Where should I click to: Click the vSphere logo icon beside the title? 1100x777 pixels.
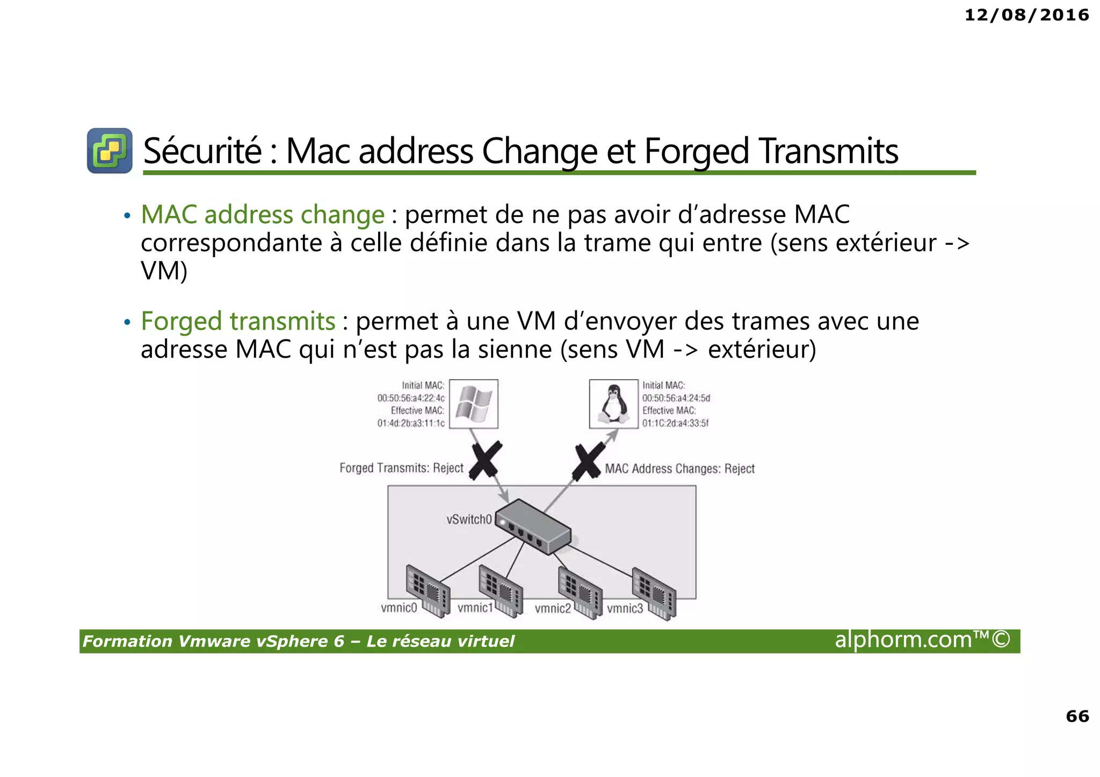110,150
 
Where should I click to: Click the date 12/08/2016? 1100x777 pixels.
1026,15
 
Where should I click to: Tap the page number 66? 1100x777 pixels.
1077,716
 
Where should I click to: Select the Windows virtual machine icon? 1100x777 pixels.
473,404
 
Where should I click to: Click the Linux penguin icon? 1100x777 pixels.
613,404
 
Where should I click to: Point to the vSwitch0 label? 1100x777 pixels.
469,519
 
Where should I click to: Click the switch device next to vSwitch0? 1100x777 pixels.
534,526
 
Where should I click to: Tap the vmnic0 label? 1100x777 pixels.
399,608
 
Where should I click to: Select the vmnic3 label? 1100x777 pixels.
625,608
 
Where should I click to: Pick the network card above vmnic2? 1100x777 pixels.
580,593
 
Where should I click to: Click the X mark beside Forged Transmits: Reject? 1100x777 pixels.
486,460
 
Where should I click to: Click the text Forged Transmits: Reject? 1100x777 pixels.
401,468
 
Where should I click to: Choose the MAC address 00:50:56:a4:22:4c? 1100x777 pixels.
411,398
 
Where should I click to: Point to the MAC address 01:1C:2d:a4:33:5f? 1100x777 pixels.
675,423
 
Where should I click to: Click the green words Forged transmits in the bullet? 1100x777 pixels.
238,321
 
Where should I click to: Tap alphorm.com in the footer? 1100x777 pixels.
903,640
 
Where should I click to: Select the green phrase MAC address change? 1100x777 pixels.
263,214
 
